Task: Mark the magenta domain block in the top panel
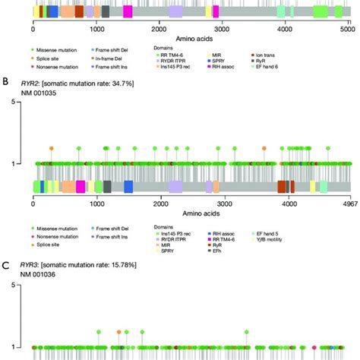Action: tap(127, 11)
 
